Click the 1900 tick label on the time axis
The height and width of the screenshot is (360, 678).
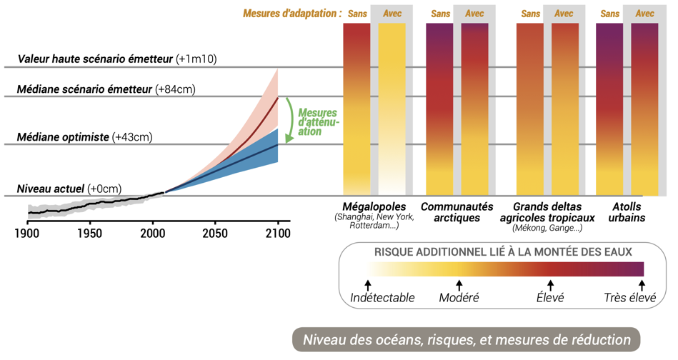[27, 233]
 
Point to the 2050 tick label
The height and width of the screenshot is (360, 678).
[214, 233]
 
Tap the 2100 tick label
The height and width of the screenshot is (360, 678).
[277, 233]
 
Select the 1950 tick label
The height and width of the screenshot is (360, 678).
[89, 233]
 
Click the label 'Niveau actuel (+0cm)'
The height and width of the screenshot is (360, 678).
[69, 189]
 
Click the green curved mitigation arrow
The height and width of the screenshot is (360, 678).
[287, 118]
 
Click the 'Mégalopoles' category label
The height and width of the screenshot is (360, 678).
[374, 206]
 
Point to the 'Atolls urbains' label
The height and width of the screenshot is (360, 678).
[627, 212]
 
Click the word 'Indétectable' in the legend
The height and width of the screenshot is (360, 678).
[382, 298]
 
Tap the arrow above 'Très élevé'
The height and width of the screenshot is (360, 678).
[640, 286]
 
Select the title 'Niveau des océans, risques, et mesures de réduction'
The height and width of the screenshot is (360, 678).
[467, 339]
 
